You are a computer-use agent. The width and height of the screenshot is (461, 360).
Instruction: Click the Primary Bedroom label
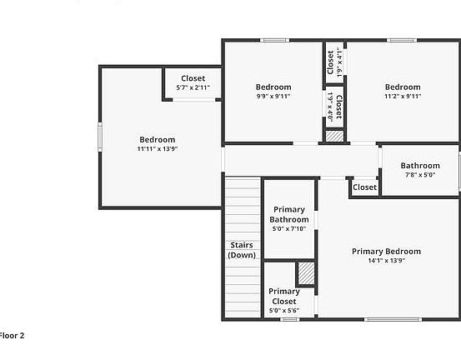[386, 251]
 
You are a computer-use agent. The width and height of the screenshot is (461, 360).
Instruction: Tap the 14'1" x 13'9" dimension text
[386, 261]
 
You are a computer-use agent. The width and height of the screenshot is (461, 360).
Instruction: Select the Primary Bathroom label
[289, 214]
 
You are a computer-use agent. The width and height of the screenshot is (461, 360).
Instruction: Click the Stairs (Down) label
[242, 250]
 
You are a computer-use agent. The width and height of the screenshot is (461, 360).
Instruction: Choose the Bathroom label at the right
[419, 165]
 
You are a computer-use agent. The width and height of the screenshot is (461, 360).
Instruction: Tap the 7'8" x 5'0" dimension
[419, 175]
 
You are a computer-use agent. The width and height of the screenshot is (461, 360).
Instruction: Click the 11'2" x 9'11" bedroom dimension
[403, 97]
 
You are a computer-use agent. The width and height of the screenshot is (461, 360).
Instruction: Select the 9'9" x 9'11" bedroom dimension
[273, 97]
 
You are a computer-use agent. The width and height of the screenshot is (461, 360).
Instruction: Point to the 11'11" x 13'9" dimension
[158, 149]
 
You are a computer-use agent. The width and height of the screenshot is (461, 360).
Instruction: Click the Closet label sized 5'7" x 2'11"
[193, 77]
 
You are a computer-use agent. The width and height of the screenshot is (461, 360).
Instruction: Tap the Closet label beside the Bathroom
[364, 187]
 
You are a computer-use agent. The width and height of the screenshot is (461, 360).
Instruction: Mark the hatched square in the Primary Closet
[306, 272]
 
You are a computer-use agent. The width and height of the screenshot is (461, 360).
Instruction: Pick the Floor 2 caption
[12, 336]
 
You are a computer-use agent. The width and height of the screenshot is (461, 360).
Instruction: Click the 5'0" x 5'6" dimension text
[283, 311]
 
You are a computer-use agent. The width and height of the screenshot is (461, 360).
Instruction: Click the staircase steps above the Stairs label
[242, 208]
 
